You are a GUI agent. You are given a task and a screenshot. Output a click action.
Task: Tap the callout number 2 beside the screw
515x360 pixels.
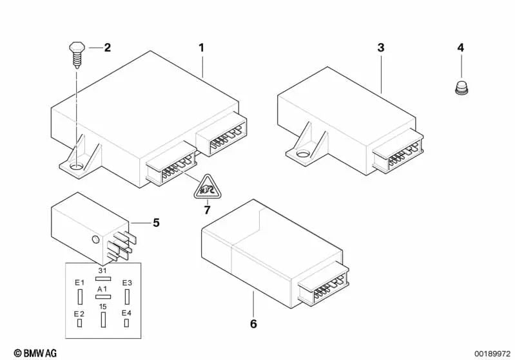click(x=107, y=47)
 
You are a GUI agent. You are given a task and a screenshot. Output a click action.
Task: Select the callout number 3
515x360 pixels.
click(x=381, y=48)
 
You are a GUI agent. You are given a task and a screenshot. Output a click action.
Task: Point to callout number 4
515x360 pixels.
click(x=460, y=48)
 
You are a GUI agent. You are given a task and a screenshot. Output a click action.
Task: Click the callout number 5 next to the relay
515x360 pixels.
click(x=156, y=223)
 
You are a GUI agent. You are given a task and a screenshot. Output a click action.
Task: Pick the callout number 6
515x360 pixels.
click(x=253, y=323)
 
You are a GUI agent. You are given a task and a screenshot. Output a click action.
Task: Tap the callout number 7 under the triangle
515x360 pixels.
click(x=207, y=209)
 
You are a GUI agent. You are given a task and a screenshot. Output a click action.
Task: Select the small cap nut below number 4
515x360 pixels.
click(x=460, y=87)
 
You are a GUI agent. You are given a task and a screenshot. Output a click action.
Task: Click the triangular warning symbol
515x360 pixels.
click(x=207, y=188)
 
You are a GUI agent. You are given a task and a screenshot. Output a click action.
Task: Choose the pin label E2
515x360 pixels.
click(x=80, y=314)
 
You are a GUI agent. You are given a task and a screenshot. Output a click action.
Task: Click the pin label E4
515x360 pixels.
click(x=127, y=314)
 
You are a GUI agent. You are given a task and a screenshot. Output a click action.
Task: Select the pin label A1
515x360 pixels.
click(x=102, y=290)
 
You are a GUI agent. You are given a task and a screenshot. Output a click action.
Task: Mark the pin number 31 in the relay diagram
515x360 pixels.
click(x=102, y=271)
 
